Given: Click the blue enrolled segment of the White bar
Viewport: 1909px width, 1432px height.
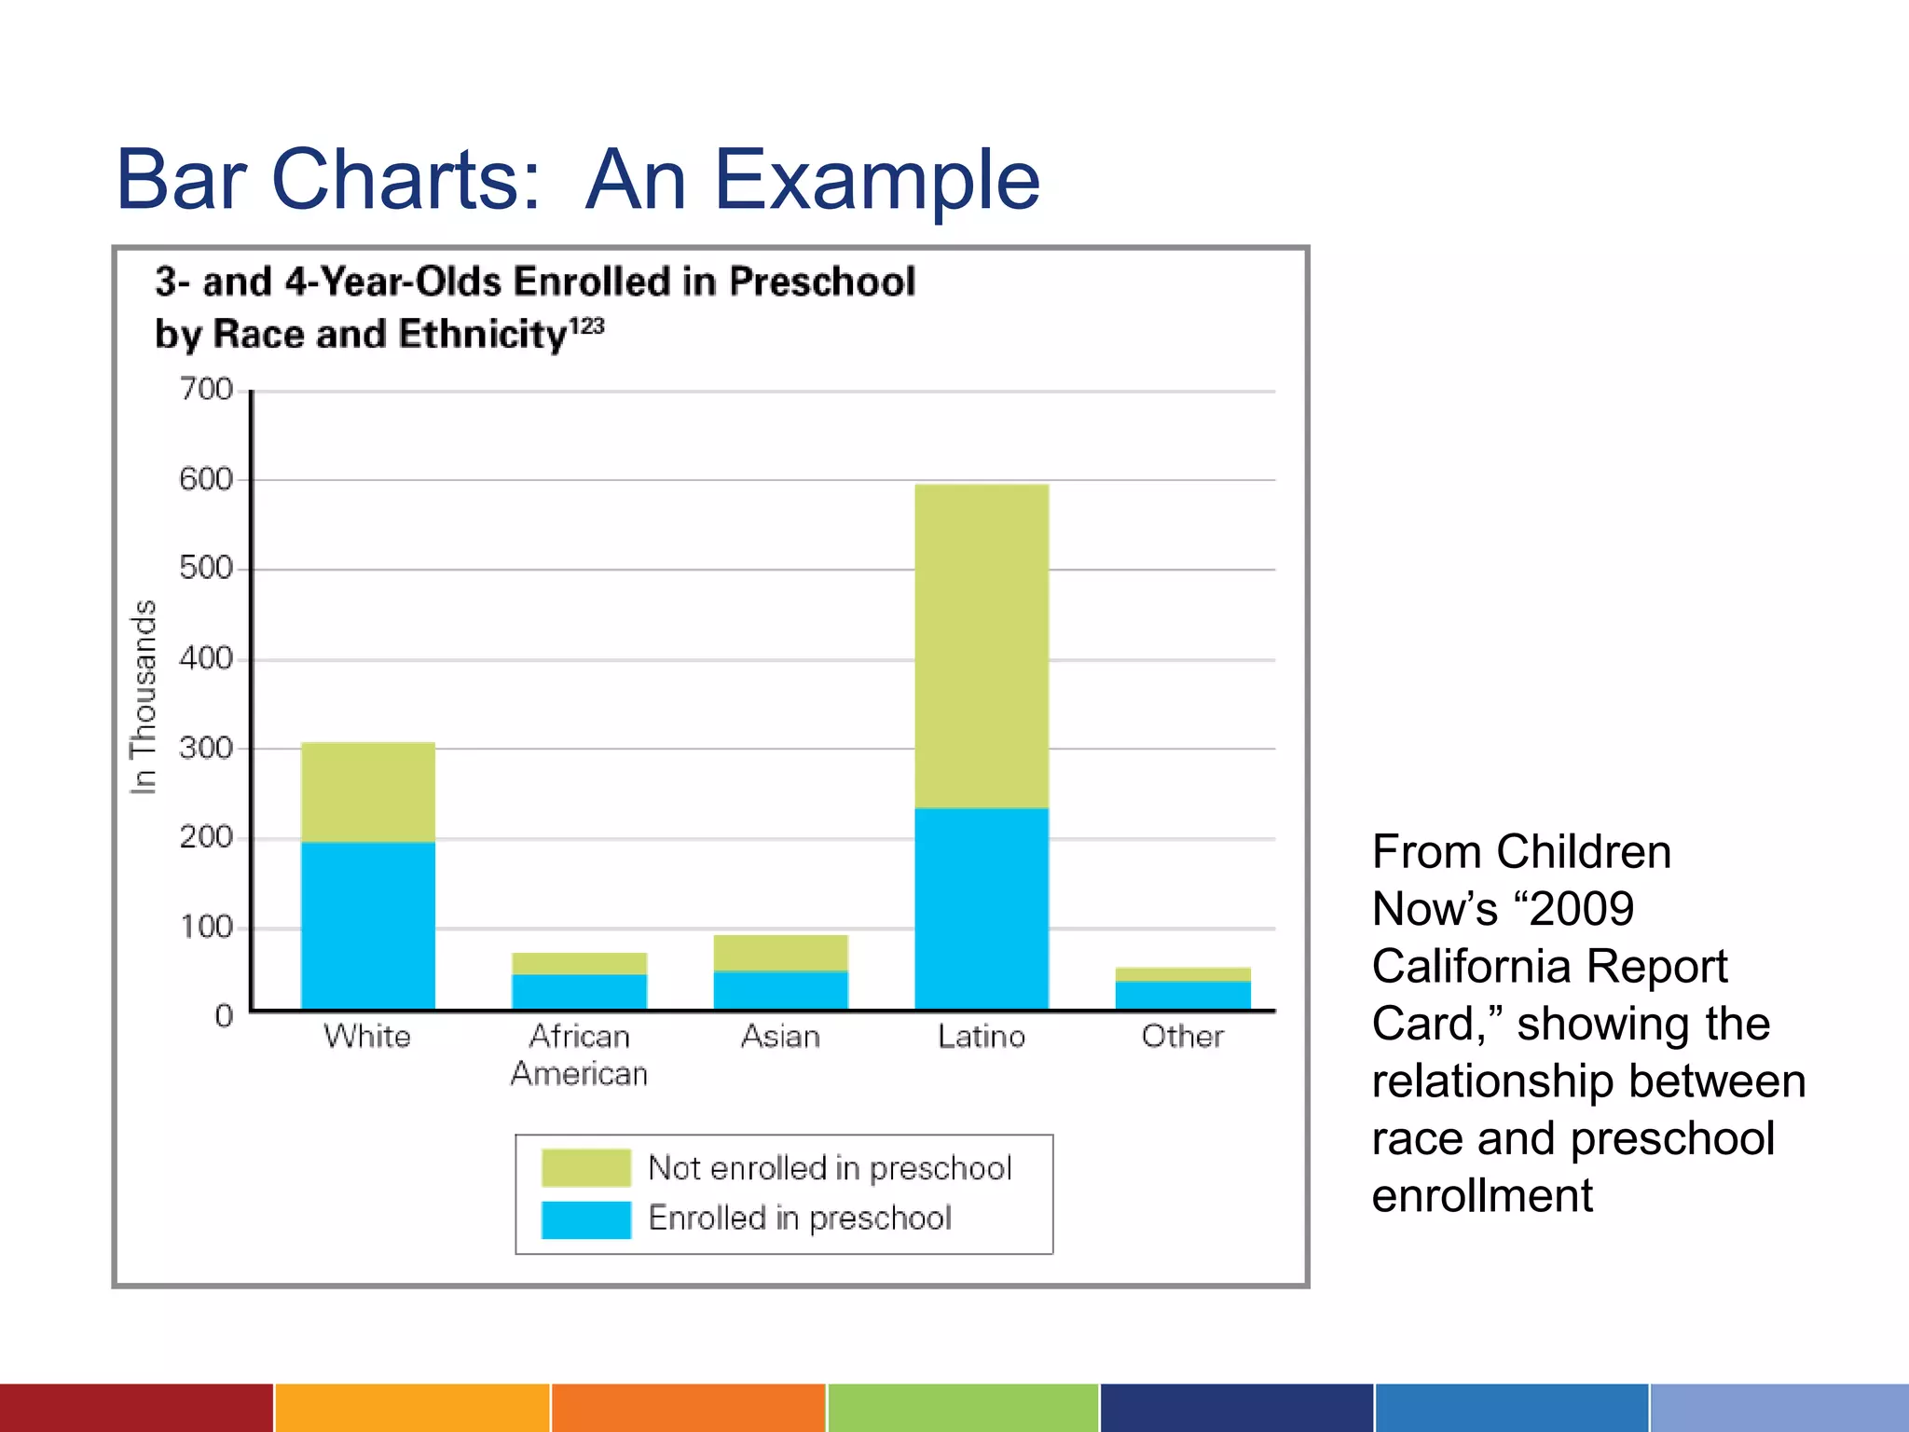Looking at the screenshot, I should pyautogui.click(x=368, y=925).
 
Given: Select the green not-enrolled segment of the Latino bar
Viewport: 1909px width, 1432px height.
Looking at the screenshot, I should pyautogui.click(x=982, y=645).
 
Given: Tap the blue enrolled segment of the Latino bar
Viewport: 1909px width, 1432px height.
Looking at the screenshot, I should pyautogui.click(x=982, y=908).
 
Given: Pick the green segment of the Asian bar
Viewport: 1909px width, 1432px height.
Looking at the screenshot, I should pyautogui.click(x=781, y=953).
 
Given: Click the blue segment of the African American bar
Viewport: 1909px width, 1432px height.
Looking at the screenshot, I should pyautogui.click(x=579, y=991).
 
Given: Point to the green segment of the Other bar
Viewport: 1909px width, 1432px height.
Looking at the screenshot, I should pyautogui.click(x=1183, y=974).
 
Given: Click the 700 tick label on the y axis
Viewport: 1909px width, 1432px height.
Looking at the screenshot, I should pyautogui.click(x=206, y=389).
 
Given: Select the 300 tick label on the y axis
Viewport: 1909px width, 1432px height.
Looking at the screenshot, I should pyautogui.click(x=206, y=748).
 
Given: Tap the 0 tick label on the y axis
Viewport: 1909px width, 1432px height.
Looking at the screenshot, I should pyautogui.click(x=224, y=1015).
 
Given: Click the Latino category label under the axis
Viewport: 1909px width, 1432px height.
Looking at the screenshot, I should pyautogui.click(x=982, y=1037).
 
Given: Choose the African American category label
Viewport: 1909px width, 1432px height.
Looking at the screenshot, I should pyautogui.click(x=579, y=1055).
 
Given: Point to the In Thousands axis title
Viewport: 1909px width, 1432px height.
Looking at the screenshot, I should pyautogui.click(x=143, y=697).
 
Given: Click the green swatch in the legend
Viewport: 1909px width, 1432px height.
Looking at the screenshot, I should pyautogui.click(x=586, y=1168).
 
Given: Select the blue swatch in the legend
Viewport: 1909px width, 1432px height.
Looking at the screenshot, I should pyautogui.click(x=586, y=1219).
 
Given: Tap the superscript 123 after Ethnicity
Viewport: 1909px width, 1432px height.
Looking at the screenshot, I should pyautogui.click(x=587, y=326).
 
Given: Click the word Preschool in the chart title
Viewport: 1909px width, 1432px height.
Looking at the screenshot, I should pyautogui.click(x=822, y=282).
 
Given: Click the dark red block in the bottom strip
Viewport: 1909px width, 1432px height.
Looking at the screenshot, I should pyautogui.click(x=136, y=1408).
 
